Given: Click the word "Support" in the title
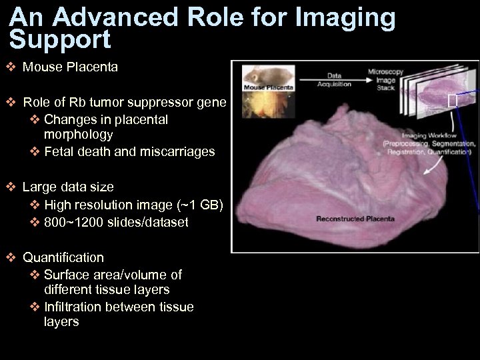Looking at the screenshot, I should point(61,41).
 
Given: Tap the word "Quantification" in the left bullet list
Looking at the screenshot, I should point(63,257).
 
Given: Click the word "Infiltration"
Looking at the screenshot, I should point(74,307).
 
